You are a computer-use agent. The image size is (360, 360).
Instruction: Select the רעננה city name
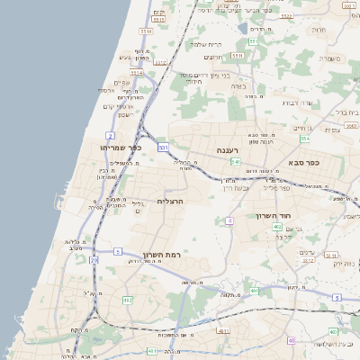226,150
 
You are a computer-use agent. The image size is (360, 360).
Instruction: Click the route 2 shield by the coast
109,135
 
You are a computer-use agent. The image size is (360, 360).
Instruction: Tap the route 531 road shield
163,146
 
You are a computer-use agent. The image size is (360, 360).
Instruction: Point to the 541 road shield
235,162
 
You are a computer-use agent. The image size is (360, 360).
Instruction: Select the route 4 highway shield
229,220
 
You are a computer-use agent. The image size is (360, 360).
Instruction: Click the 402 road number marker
276,227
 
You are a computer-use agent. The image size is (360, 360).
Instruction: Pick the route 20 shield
93,260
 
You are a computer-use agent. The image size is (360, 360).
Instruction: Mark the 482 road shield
127,300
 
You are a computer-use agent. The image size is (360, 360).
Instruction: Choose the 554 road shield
305,139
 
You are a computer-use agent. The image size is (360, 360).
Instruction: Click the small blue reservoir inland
243,28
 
